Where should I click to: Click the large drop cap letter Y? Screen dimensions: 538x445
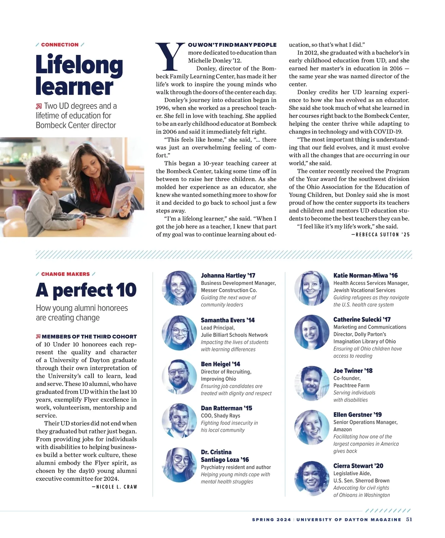tap(170, 56)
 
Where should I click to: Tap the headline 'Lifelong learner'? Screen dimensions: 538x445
tap(79, 75)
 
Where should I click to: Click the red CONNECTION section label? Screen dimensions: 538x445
tap(60, 45)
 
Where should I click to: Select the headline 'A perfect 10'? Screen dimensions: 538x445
tap(86, 290)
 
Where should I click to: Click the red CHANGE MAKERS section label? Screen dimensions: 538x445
tap(65, 274)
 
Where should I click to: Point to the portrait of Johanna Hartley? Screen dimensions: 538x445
tap(179, 288)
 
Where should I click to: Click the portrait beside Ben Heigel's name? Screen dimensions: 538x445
tap(179, 377)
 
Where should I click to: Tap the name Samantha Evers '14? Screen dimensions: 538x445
tap(228, 320)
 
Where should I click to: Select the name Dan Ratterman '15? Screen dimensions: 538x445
tap(226, 408)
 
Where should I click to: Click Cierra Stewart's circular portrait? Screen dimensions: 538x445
tap(311, 479)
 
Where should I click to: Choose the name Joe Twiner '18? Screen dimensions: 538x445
tap(353, 371)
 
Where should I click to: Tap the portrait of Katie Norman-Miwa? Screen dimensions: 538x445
tap(311, 288)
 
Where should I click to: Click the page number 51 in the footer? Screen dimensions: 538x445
tap(409, 519)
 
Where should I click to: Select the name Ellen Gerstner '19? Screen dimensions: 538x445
tap(357, 415)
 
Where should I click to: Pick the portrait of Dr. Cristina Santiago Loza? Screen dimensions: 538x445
tap(179, 465)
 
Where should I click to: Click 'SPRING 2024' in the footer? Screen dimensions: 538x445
tap(271, 519)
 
